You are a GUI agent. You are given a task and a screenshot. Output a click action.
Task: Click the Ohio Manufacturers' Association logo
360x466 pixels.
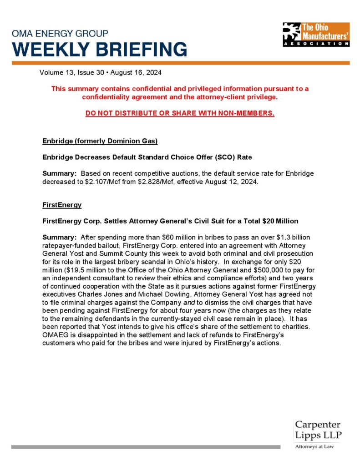[x=316, y=35]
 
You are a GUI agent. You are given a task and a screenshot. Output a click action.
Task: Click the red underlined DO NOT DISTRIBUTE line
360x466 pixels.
[x=180, y=113]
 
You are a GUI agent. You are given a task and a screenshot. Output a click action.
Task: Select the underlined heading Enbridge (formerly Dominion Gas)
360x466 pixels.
[x=100, y=141]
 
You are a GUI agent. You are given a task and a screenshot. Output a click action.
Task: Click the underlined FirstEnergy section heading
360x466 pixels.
[x=62, y=205]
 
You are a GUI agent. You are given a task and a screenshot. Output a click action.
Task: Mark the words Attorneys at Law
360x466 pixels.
[x=314, y=447]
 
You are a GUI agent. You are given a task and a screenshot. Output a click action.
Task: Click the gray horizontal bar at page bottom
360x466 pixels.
[x=146, y=447]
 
